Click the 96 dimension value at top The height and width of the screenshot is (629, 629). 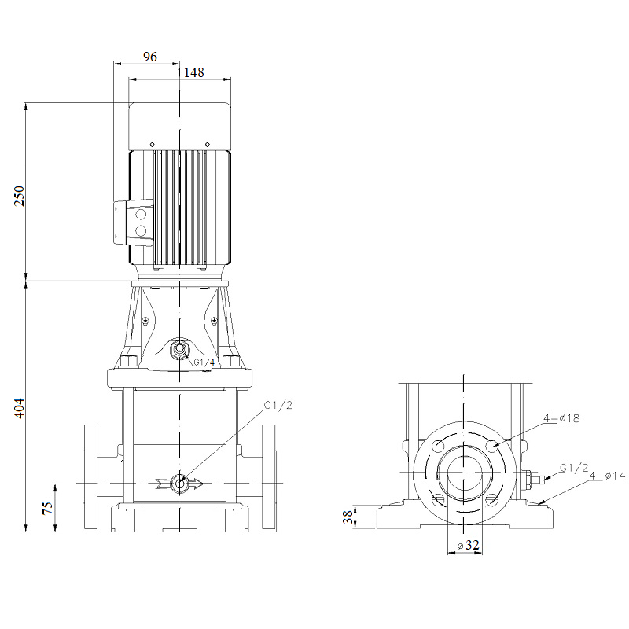(x=149, y=57)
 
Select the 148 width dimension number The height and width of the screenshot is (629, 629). (x=193, y=72)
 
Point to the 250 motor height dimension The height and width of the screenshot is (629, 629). (x=19, y=196)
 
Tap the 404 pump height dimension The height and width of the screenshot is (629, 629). (x=19, y=408)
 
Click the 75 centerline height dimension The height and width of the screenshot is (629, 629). (x=48, y=508)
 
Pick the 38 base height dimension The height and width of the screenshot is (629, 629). (x=349, y=517)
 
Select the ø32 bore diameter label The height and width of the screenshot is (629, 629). (x=468, y=545)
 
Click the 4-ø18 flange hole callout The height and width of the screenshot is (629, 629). (x=561, y=418)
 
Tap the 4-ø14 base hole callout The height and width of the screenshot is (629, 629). (x=607, y=476)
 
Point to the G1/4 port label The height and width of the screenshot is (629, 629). (x=204, y=362)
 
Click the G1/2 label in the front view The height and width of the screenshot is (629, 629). (x=278, y=405)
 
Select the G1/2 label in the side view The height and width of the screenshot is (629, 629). (x=574, y=468)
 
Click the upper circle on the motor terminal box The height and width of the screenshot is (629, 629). (x=141, y=214)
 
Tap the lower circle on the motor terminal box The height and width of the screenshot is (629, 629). (x=141, y=230)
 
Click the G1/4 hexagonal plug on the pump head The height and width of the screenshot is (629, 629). (x=179, y=349)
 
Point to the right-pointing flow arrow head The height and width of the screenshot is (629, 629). (x=196, y=484)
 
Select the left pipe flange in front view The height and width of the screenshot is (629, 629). (x=90, y=478)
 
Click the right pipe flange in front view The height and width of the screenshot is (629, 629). (x=269, y=478)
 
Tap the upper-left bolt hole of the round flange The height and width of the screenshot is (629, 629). (x=438, y=445)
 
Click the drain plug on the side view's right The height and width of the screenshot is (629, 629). (x=533, y=479)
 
